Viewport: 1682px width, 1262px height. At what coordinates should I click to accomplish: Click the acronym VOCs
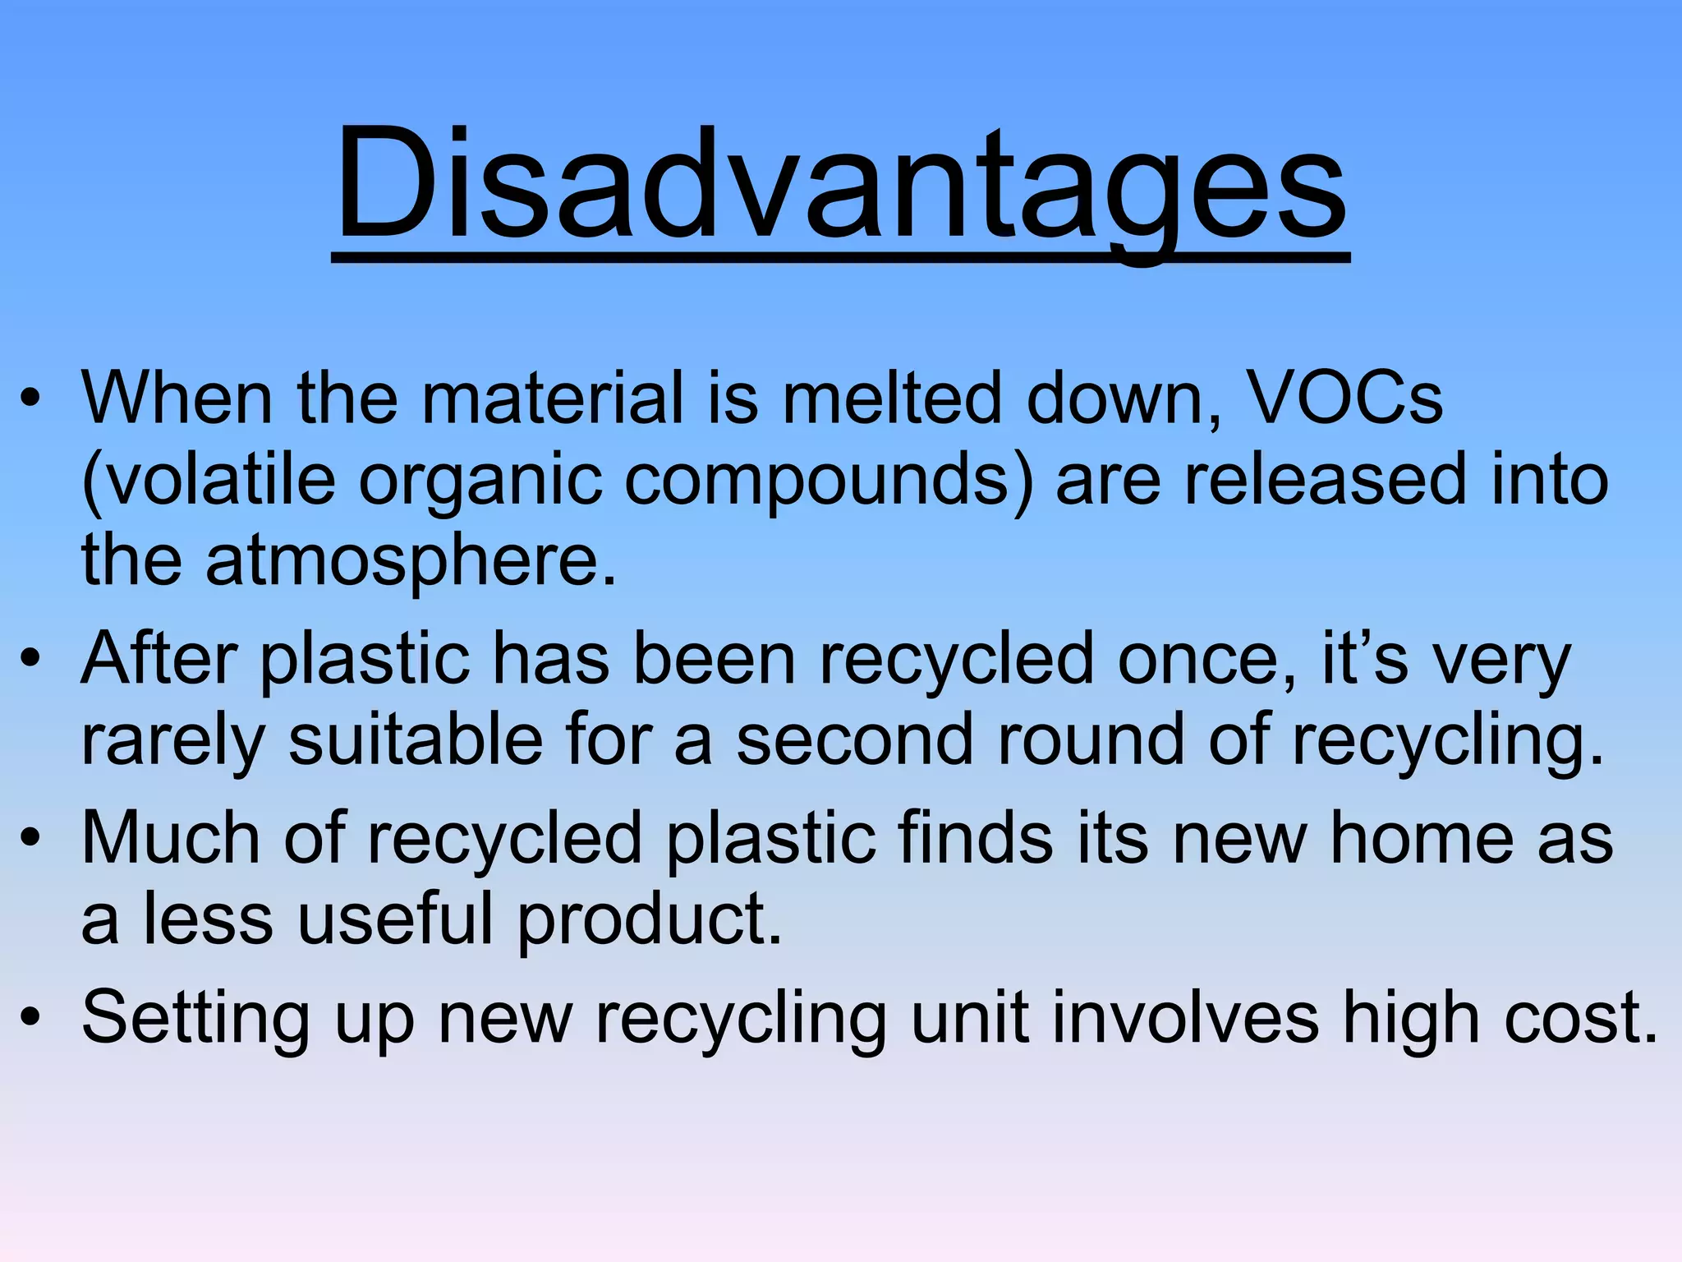(x=1344, y=398)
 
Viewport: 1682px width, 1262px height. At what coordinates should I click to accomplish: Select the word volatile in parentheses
(x=209, y=480)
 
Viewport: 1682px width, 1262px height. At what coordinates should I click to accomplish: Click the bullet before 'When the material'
(x=30, y=398)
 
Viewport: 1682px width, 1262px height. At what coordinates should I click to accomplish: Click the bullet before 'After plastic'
(x=30, y=659)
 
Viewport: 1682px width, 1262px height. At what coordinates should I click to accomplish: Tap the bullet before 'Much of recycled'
(x=30, y=839)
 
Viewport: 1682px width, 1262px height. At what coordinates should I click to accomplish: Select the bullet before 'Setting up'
(x=30, y=1019)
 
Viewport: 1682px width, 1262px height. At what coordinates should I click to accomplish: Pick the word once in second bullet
(x=1207, y=660)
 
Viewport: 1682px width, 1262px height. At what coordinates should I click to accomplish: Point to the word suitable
(x=416, y=740)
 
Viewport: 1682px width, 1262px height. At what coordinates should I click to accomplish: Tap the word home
(x=1422, y=838)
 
